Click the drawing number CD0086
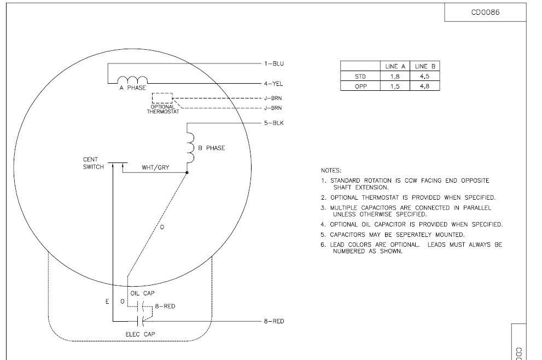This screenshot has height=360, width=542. (x=485, y=13)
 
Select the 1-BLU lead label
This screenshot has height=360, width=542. (x=274, y=63)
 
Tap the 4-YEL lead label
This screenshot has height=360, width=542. (x=273, y=84)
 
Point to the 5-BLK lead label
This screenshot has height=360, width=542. (x=274, y=123)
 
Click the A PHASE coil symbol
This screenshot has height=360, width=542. (x=132, y=80)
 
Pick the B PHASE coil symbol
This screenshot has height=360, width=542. (x=190, y=148)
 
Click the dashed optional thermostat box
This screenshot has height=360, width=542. (x=162, y=98)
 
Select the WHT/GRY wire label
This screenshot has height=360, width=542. (x=155, y=168)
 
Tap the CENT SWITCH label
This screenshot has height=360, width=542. (x=94, y=163)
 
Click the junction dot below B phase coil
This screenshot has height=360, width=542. (x=187, y=172)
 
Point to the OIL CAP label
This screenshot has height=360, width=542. (x=142, y=293)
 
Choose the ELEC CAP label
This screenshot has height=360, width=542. (x=140, y=334)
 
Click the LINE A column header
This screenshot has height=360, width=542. (x=395, y=66)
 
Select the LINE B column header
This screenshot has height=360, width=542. (x=425, y=66)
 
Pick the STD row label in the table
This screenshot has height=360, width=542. (x=360, y=77)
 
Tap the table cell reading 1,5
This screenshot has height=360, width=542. (x=395, y=86)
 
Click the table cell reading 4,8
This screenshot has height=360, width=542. (x=425, y=86)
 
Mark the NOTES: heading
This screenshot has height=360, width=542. (x=331, y=171)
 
